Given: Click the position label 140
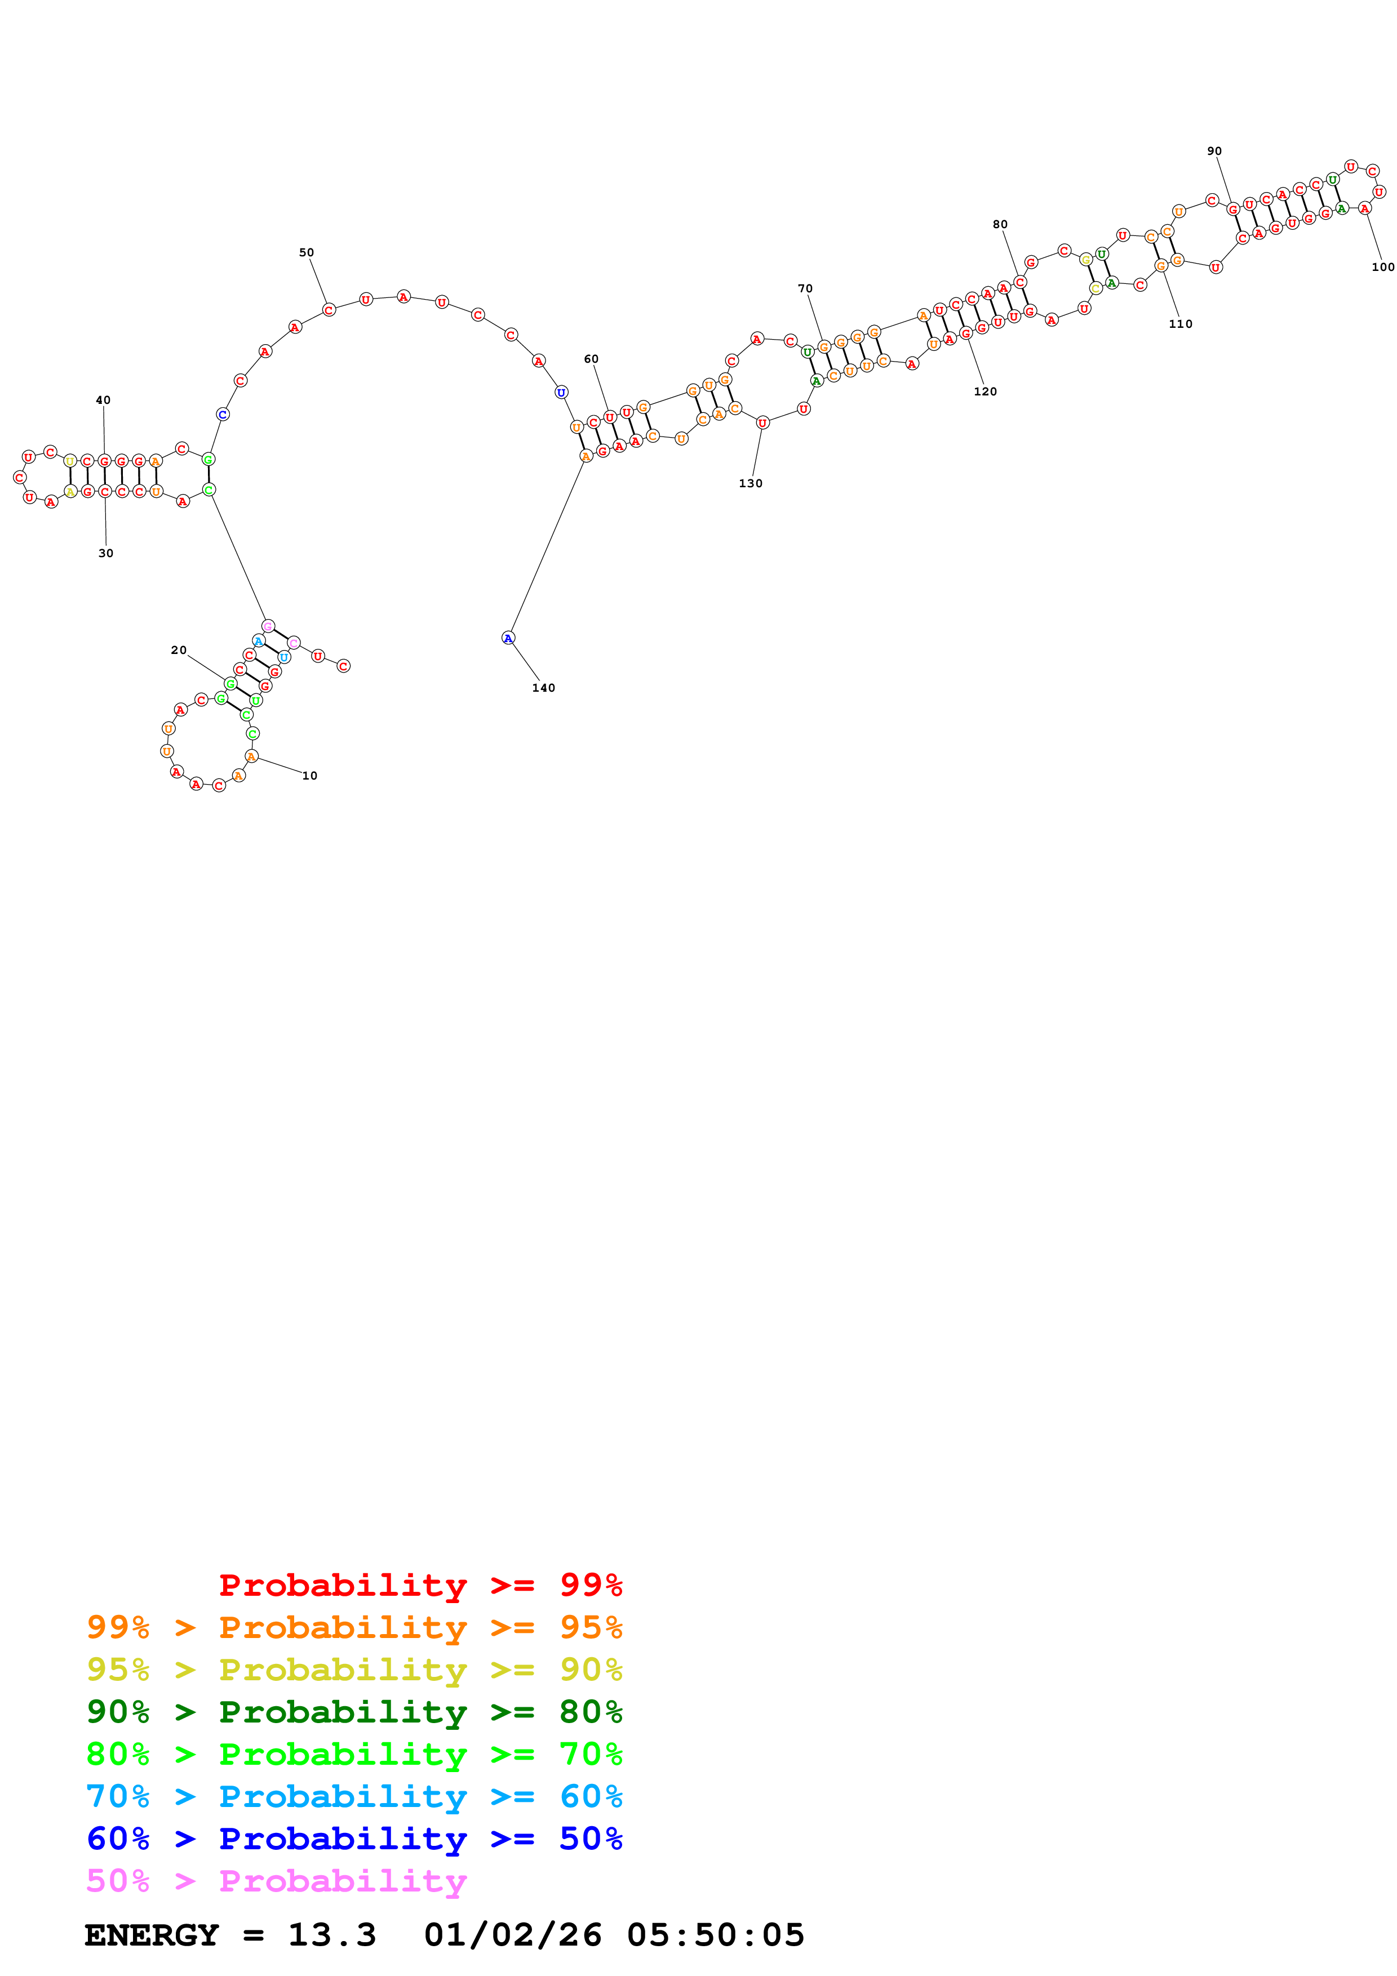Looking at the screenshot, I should [543, 688].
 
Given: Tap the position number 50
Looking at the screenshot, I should [307, 252].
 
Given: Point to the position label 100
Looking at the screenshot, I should [1382, 267].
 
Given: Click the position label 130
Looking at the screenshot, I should [751, 484].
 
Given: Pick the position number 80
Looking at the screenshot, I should [1000, 225].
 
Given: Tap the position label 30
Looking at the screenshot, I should [106, 553].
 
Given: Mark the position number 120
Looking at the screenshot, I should [986, 391].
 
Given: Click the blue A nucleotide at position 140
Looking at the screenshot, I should [508, 638].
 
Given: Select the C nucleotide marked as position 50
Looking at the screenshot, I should [329, 310].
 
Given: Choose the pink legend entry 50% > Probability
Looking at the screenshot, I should [276, 1881].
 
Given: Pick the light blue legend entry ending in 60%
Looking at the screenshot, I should [354, 1797].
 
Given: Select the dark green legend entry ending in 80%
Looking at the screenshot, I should [354, 1712].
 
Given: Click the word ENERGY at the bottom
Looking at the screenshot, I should [152, 1935].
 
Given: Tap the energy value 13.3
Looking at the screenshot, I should [332, 1935].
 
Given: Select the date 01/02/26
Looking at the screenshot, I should [513, 1935].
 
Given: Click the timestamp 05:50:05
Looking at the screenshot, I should [715, 1935].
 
